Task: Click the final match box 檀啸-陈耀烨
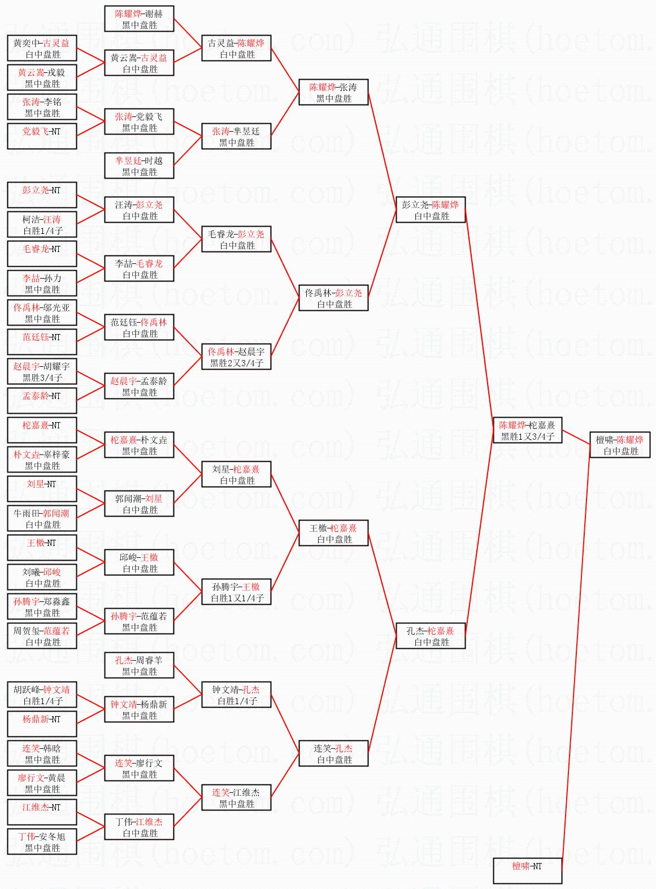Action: (620, 445)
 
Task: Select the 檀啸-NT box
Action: (527, 870)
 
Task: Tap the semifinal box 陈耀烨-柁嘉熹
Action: (527, 430)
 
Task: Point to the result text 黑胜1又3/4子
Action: (527, 436)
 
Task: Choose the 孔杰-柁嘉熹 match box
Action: (430, 636)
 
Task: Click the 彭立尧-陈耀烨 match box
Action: (430, 210)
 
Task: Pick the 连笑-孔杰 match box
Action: (333, 753)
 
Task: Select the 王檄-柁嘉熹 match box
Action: (333, 533)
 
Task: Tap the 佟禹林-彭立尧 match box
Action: (333, 298)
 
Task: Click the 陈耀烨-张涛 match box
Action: (333, 92)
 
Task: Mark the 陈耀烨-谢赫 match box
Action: (139, 19)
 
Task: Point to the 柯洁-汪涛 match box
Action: (42, 224)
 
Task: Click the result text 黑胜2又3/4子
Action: (236, 363)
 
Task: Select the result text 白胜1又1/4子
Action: (236, 599)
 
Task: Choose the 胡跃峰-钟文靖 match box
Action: (42, 695)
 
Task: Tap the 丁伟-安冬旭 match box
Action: (42, 842)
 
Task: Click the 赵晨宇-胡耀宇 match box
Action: (42, 371)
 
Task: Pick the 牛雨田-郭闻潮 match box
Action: (42, 518)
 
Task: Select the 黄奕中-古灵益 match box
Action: (42, 48)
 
